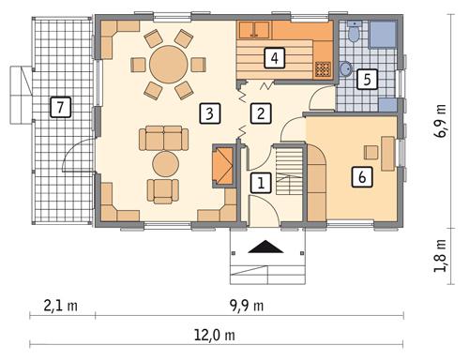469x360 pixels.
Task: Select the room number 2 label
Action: click(262, 114)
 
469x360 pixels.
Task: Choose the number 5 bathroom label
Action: click(368, 79)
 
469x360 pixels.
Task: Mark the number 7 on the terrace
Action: click(60, 108)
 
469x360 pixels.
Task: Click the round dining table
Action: click(170, 65)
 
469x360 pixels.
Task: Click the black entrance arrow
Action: click(265, 247)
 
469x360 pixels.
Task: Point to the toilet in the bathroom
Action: click(353, 34)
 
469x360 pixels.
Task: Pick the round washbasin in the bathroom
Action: click(346, 68)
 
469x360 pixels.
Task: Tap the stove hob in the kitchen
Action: click(323, 68)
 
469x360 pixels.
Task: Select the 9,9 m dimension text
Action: click(246, 305)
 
